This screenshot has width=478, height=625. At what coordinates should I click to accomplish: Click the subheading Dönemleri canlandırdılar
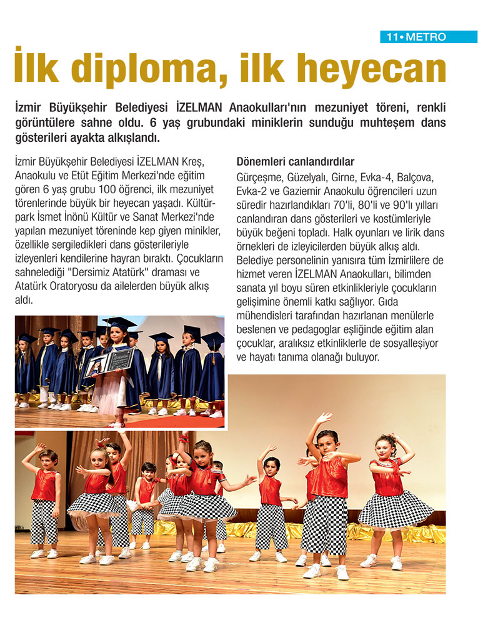click(x=296, y=161)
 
